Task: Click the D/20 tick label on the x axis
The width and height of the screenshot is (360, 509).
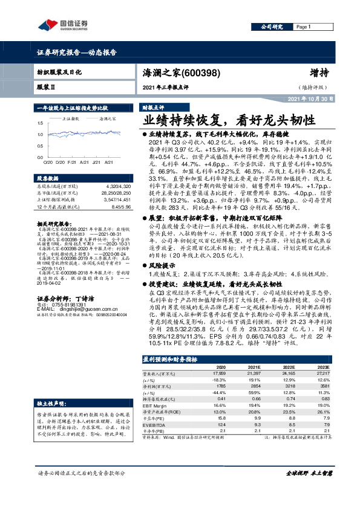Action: point(59,162)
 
